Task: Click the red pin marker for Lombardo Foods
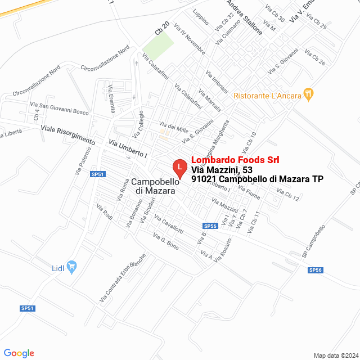click(179, 168)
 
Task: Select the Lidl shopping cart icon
click(71, 266)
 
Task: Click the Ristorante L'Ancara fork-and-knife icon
click(308, 94)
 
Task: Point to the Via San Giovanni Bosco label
click(59, 108)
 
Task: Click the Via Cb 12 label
click(288, 195)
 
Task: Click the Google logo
click(19, 353)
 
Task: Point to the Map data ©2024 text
click(335, 355)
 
